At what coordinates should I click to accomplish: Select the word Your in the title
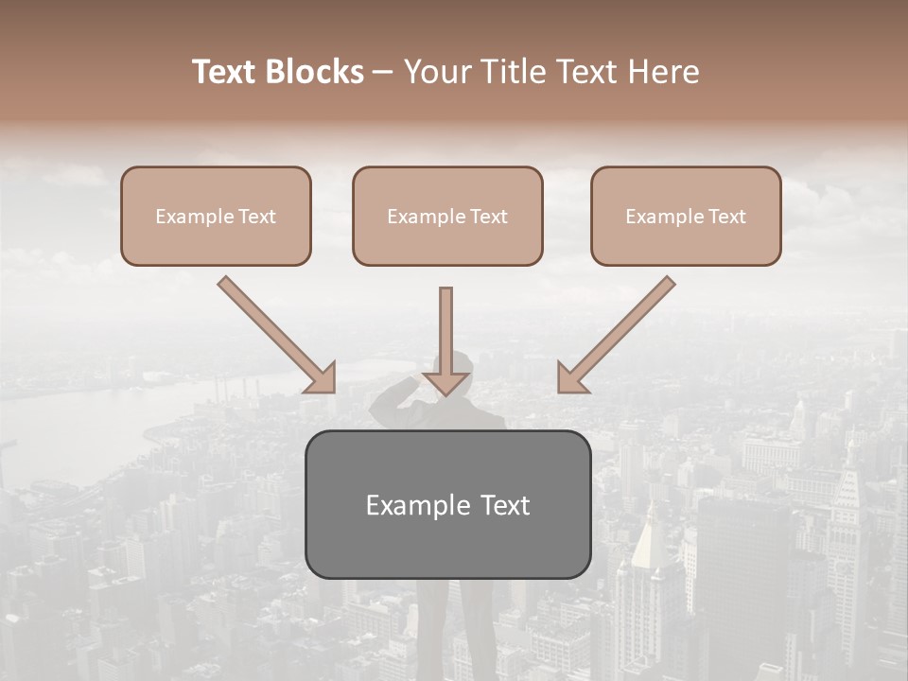click(x=437, y=72)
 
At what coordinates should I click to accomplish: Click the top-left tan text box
click(x=216, y=216)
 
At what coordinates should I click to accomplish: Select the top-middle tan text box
click(x=447, y=216)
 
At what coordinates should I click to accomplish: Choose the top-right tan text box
click(x=686, y=216)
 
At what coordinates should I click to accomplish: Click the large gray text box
click(x=447, y=504)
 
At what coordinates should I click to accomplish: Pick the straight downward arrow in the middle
click(x=445, y=336)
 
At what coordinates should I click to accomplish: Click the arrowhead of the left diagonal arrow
click(x=322, y=378)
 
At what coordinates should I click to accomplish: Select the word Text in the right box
click(x=726, y=217)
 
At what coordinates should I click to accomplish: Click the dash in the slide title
click(x=383, y=72)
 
